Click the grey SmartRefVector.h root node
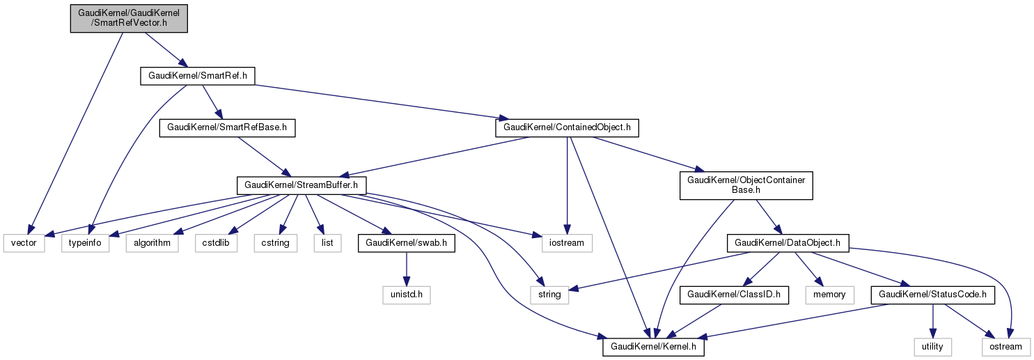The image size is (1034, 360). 130,17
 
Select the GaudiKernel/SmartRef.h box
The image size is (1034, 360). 198,75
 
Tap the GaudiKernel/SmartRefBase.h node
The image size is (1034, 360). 228,128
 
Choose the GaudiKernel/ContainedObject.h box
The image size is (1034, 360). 567,128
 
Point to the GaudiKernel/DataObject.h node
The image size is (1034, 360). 785,243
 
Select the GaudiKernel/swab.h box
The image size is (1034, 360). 407,243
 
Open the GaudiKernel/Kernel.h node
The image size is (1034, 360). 653,347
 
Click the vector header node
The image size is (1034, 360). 24,243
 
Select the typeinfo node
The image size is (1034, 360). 86,243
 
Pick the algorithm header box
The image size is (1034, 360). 148,243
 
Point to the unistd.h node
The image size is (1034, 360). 407,295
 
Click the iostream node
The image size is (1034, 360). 567,243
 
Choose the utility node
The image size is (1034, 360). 933,347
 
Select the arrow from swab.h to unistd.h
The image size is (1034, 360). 407,269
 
